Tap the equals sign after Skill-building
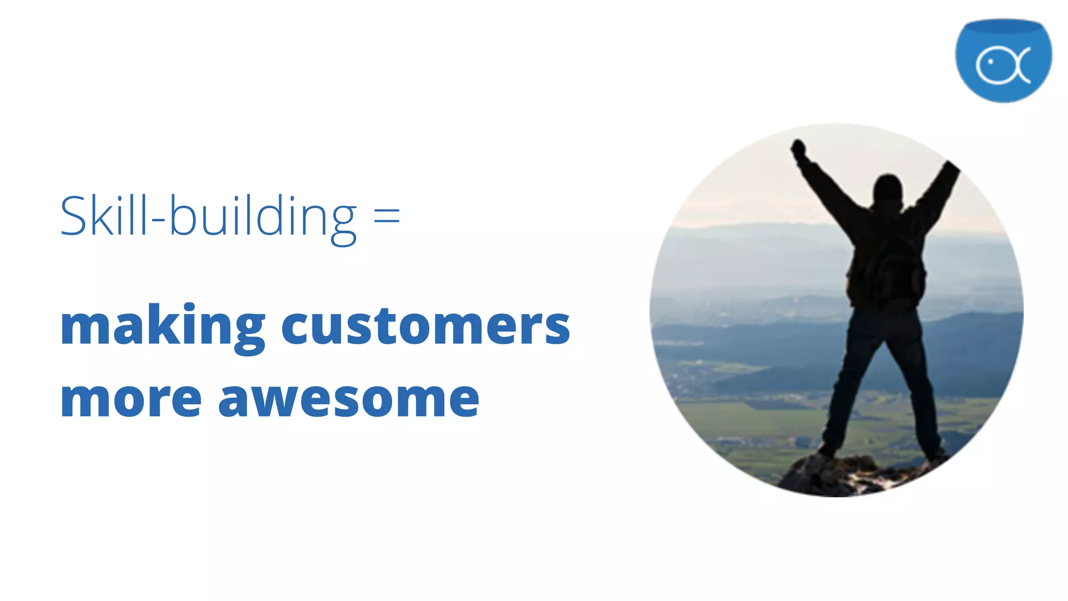tap(387, 215)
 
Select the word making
tap(163, 326)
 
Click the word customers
tap(426, 326)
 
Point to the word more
tap(131, 399)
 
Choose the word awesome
tap(348, 399)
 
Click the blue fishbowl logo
tap(1003, 60)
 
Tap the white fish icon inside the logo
tap(1002, 65)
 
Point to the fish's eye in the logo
tap(990, 62)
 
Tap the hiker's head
tap(888, 189)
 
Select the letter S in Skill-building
tap(73, 216)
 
